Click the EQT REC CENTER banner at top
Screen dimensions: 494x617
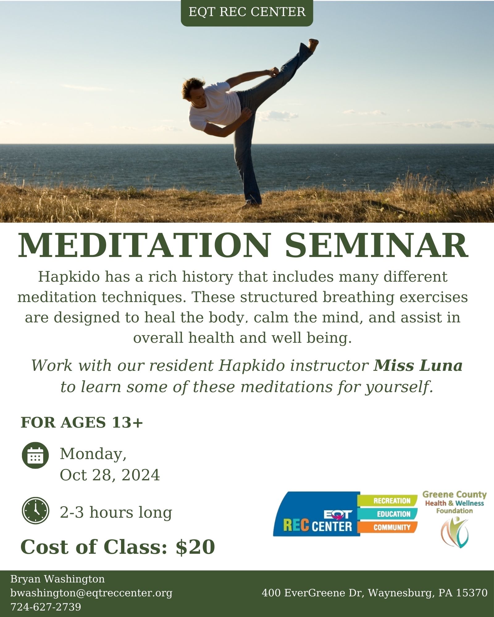tap(247, 13)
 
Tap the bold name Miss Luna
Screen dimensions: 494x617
tap(418, 366)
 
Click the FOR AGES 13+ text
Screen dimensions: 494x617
tap(82, 422)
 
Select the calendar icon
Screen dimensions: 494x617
tap(36, 456)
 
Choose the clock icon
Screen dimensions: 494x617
tap(36, 511)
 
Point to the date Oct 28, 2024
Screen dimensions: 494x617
tap(110, 475)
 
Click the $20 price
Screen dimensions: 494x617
tap(195, 547)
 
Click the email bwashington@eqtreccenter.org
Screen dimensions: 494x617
tap(91, 593)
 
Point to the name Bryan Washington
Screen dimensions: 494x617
tap(58, 579)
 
